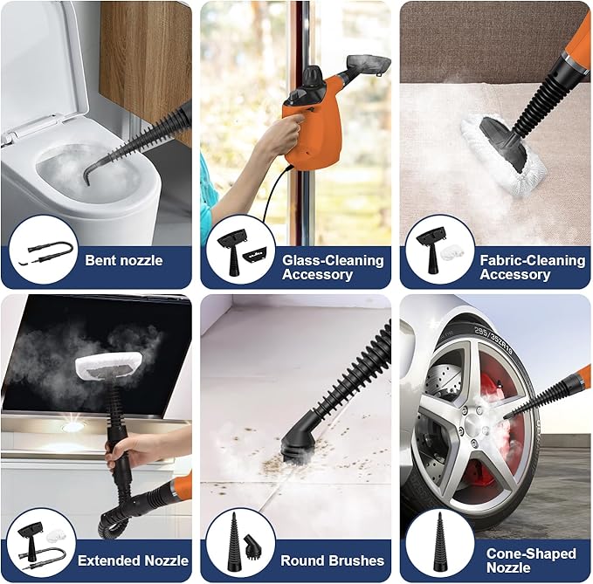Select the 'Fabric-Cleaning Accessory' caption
point(532,267)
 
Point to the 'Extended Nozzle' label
point(132,560)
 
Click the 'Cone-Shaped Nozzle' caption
point(531,560)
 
